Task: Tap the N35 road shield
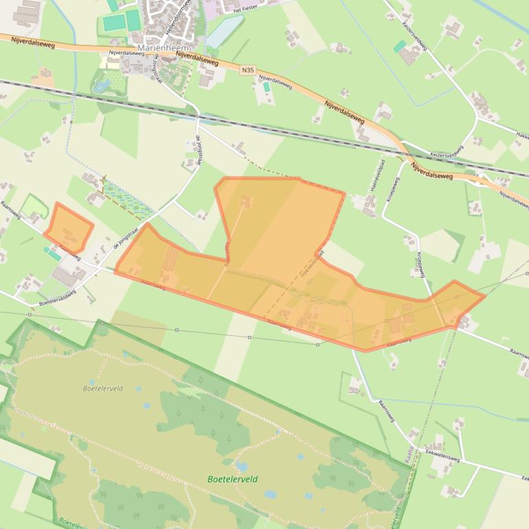pyautogui.click(x=248, y=70)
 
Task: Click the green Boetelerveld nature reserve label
pyautogui.click(x=232, y=480)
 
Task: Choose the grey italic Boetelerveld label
pyautogui.click(x=102, y=388)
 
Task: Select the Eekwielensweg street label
pyautogui.click(x=442, y=457)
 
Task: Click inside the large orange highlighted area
pyautogui.click(x=275, y=234)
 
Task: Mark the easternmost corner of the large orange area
pyautogui.click(x=485, y=295)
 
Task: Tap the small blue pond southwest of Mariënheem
pyautogui.click(x=102, y=87)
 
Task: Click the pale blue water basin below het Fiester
pyautogui.click(x=224, y=32)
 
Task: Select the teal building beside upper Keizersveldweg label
pyautogui.click(x=399, y=46)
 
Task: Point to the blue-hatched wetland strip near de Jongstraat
pyautogui.click(x=128, y=199)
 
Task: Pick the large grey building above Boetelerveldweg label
pyautogui.click(x=67, y=276)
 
